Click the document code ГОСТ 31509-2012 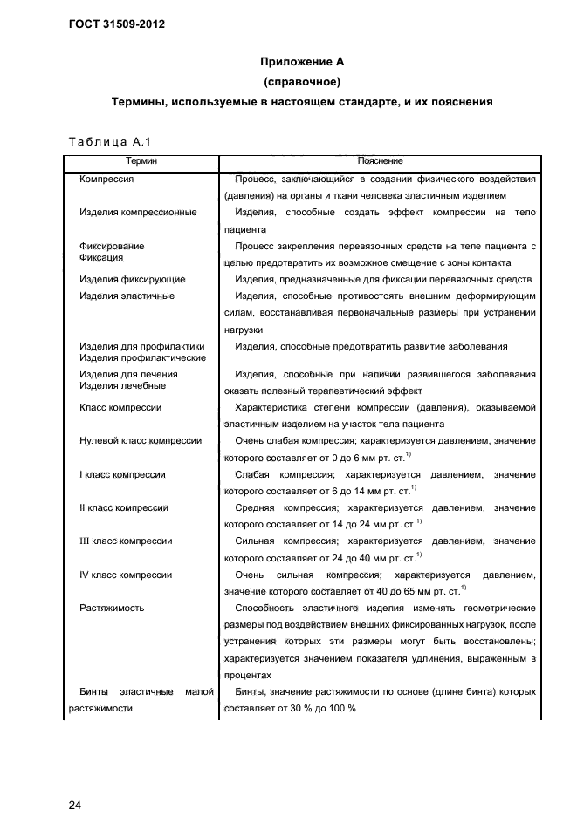116,24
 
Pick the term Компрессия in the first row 106,179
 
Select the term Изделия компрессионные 138,212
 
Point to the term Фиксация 101,258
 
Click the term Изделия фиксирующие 132,280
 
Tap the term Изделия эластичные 127,296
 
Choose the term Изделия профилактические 142,357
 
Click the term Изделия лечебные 122,385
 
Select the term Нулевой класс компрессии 141,441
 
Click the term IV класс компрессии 126,575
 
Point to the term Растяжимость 112,608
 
